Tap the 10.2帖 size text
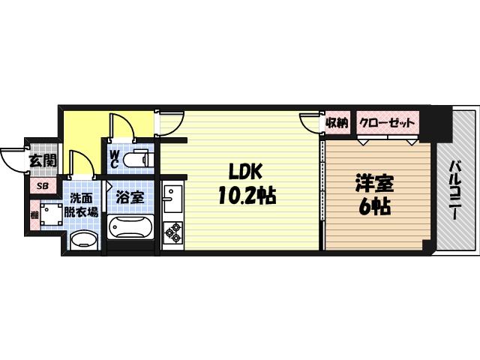click(x=246, y=196)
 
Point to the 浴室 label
click(x=130, y=199)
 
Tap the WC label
click(x=115, y=159)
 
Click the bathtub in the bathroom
click(x=130, y=227)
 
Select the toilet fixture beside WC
click(x=139, y=159)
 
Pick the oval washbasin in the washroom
click(x=82, y=240)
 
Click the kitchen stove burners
click(x=172, y=234)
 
